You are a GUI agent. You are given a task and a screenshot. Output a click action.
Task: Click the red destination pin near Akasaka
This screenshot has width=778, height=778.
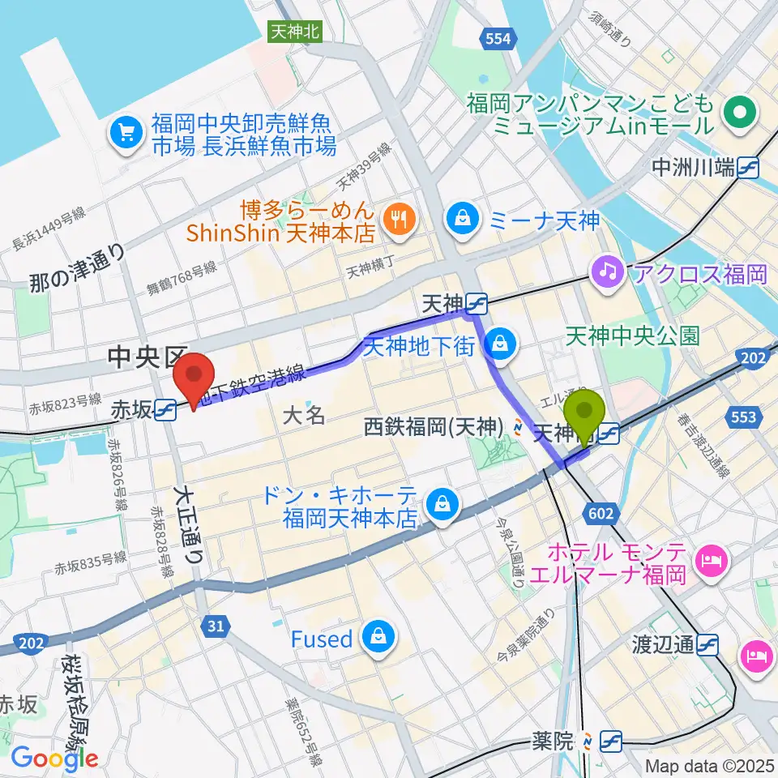(x=194, y=375)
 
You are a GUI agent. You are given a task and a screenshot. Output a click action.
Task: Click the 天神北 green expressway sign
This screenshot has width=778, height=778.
(x=296, y=32)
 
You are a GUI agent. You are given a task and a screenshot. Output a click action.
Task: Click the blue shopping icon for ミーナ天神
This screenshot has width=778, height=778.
(x=462, y=218)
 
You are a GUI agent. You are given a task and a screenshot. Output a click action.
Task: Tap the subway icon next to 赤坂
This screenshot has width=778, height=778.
(x=165, y=410)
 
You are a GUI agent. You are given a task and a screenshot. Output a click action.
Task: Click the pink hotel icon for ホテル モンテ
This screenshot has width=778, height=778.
(x=713, y=559)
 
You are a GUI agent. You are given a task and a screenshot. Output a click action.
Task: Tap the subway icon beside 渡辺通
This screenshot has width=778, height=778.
(x=708, y=644)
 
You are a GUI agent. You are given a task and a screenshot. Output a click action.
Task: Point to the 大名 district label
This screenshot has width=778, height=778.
(x=305, y=416)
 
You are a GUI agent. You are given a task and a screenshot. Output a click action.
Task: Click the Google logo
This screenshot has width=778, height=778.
(x=54, y=759)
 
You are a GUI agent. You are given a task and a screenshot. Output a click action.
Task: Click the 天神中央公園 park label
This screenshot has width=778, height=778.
(x=632, y=336)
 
